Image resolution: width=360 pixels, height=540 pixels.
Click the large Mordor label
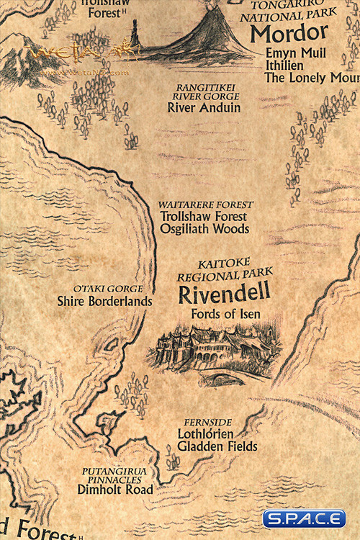click(x=289, y=34)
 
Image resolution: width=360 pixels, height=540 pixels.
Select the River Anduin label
click(x=204, y=108)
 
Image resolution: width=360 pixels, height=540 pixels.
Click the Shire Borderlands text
click(x=104, y=301)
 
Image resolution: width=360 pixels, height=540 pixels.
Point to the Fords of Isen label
click(x=225, y=314)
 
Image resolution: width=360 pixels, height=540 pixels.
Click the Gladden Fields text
click(x=217, y=446)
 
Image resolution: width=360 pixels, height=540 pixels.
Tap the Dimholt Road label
click(x=115, y=490)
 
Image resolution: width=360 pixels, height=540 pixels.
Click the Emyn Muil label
click(x=295, y=53)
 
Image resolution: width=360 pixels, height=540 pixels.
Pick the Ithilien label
click(x=286, y=66)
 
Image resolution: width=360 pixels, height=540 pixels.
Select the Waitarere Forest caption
click(x=203, y=204)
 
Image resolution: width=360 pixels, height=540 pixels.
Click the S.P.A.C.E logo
click(x=303, y=518)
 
